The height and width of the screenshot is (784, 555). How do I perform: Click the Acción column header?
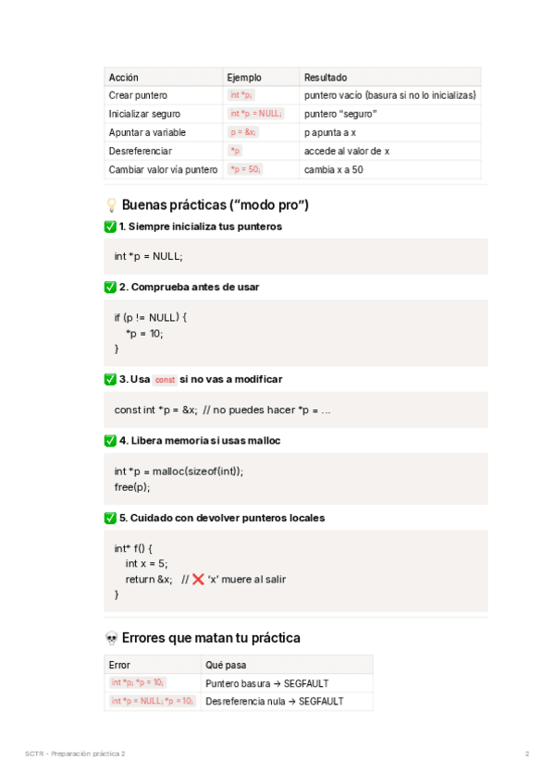tap(124, 78)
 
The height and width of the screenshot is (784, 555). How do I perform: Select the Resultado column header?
tap(326, 78)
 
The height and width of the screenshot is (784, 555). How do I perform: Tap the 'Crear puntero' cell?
tap(138, 95)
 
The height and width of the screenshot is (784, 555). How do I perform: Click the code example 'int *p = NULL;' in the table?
tap(256, 114)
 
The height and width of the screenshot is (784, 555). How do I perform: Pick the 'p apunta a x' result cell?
tap(330, 132)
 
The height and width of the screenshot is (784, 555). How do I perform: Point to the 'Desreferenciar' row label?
tap(140, 151)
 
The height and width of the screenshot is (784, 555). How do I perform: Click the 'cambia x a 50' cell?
tap(333, 169)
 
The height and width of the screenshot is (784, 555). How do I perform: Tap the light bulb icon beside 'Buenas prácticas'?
tap(111, 204)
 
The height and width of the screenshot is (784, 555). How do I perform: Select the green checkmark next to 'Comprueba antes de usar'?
tap(111, 288)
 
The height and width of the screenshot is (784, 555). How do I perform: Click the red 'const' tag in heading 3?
tap(165, 380)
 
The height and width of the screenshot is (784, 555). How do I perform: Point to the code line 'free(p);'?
tap(132, 486)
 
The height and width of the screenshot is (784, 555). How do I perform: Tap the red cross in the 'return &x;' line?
tap(198, 580)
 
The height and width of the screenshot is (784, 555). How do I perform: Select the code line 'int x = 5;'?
tap(146, 563)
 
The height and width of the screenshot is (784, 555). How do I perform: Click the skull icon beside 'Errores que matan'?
tap(111, 638)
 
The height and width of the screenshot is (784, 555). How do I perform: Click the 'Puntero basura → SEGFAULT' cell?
tap(267, 683)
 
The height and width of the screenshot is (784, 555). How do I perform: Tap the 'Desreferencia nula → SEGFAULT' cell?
tap(275, 702)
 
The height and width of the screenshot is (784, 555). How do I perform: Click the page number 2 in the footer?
tap(527, 754)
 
